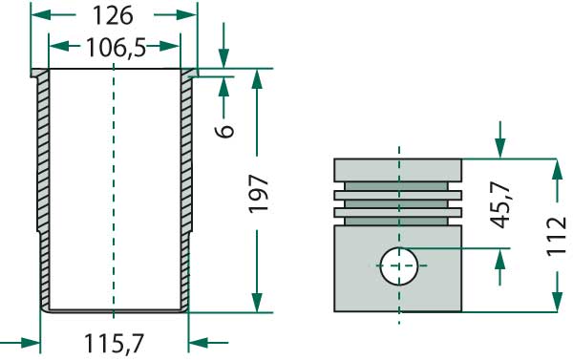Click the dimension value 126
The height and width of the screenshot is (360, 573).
coord(115,16)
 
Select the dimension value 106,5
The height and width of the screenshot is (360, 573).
coord(115,47)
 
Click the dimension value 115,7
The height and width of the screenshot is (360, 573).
coord(115,342)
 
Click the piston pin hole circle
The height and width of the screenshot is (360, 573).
coord(399,265)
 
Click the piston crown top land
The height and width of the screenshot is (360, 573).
coord(398,169)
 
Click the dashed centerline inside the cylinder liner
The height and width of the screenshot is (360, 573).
coord(114,191)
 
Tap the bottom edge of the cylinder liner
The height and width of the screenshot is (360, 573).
coord(114,309)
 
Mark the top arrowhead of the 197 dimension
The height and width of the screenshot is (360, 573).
coord(256,76)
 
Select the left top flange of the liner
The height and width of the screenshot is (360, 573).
coord(39,74)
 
